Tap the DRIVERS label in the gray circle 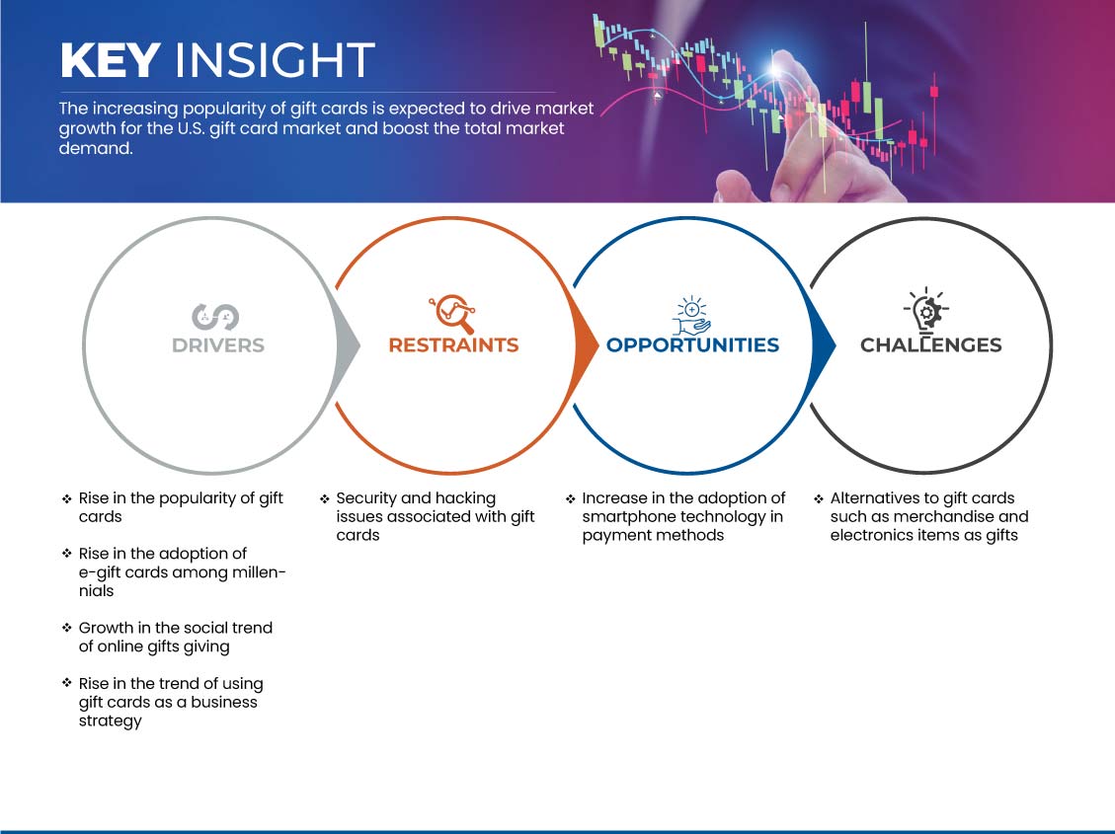click(x=218, y=345)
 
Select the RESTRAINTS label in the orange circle click(x=453, y=345)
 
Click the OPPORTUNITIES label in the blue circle click(x=692, y=345)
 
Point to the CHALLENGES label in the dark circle click(x=931, y=345)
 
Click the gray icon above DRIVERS click(x=214, y=317)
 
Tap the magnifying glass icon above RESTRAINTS click(x=452, y=314)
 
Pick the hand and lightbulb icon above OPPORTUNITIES click(x=692, y=316)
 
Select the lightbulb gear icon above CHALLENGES click(x=925, y=310)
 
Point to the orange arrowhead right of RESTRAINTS click(x=586, y=346)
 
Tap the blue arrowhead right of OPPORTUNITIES click(x=824, y=346)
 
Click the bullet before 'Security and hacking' click(x=324, y=499)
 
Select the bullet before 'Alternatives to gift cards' click(x=819, y=499)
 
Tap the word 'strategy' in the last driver click(x=111, y=721)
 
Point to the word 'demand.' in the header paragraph click(x=95, y=148)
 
